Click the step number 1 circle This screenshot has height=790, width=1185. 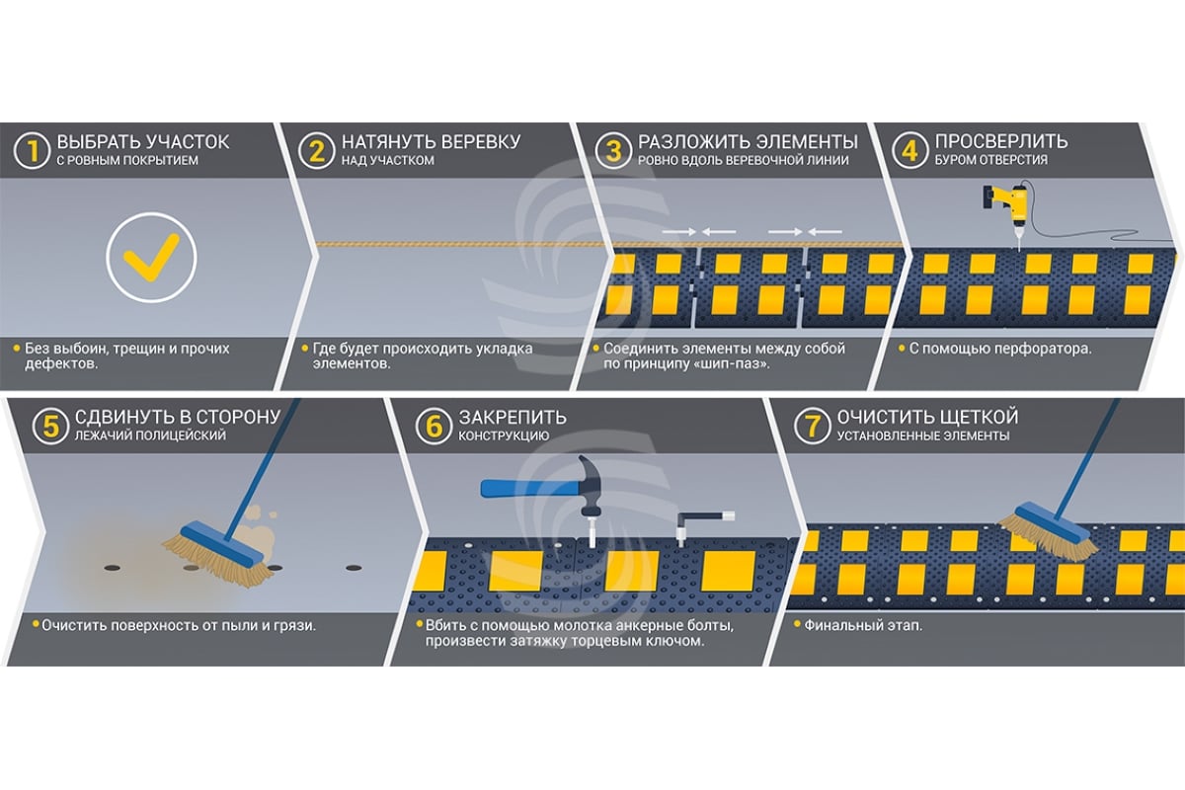click(34, 151)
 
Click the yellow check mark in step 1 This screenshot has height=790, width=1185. click(151, 258)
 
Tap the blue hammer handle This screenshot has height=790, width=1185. click(523, 487)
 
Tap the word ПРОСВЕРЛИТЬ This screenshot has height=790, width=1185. click(1001, 142)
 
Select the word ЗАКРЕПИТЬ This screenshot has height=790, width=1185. click(511, 418)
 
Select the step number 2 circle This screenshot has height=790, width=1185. click(316, 151)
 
